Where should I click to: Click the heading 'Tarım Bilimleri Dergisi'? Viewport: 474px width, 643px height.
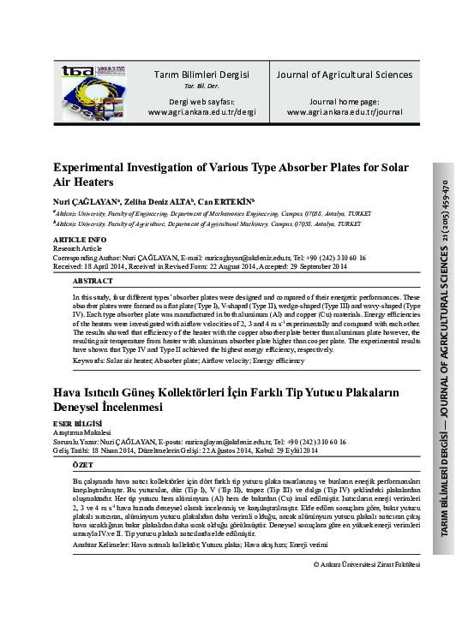(201, 74)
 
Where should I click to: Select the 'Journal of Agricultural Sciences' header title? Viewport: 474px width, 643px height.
(344, 74)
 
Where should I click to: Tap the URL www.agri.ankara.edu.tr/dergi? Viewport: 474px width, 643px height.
(201, 111)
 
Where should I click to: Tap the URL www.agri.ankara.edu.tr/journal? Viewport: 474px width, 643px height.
(344, 111)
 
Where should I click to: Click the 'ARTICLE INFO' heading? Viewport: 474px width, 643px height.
(80, 239)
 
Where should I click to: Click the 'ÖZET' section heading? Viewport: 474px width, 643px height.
(83, 464)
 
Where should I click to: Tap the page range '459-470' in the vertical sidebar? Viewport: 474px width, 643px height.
(444, 198)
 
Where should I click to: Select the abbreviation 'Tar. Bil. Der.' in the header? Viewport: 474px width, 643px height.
(201, 86)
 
